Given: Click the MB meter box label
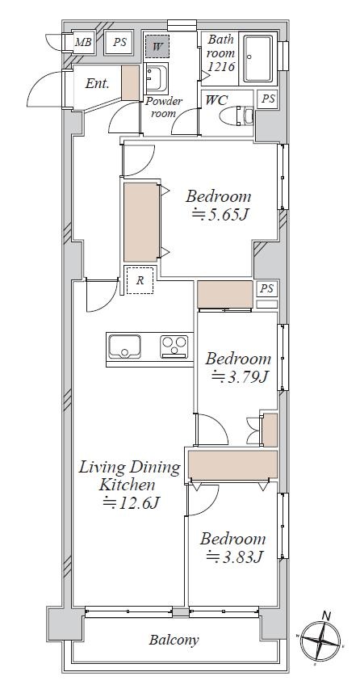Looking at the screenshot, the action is pos(83,43).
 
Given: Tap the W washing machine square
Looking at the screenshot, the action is pos(157,44).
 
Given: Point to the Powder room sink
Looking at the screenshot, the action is pos(156,78).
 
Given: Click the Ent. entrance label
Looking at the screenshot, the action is pos(97,84).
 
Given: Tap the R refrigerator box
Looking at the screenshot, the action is pos(140,280).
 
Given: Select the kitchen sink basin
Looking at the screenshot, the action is pos(124,347).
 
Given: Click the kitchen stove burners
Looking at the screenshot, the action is pos(174,347).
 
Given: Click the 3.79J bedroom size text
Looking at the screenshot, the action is pos(239,376).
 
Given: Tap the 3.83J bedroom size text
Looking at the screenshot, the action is pos(234,557).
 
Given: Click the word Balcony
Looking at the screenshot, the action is pos(174,640).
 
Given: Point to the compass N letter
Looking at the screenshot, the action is pos(326,615).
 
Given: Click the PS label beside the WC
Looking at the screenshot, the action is pos(268,99).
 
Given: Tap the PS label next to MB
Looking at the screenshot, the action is pos(119,43).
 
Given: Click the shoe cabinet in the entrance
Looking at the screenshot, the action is pos(130,82).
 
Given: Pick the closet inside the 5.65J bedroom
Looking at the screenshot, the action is pos(141,222).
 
